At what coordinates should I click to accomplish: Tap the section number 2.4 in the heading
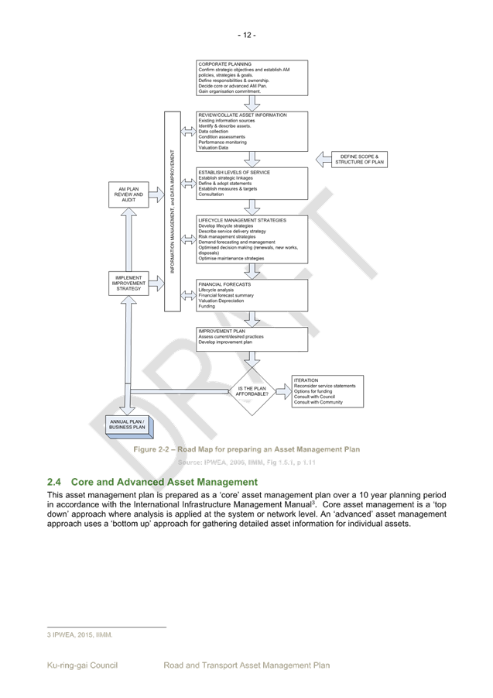[53, 483]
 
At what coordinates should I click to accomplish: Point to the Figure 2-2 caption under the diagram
[246, 449]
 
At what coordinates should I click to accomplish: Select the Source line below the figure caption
[247, 462]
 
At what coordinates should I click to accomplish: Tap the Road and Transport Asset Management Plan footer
[247, 665]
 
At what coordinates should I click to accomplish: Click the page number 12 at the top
[246, 34]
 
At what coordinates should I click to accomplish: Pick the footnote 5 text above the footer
[79, 635]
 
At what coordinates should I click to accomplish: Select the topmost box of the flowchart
[252, 77]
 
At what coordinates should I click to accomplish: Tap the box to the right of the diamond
[327, 391]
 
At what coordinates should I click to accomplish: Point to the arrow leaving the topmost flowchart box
[252, 102]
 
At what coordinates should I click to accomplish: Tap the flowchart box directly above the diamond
[252, 339]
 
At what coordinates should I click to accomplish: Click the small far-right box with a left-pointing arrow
[358, 160]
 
